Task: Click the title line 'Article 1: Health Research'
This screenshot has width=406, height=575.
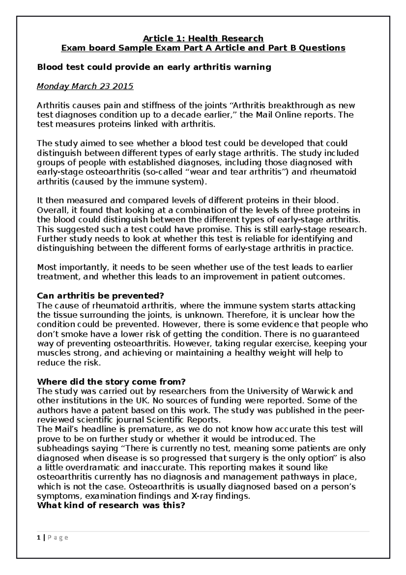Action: coord(203,38)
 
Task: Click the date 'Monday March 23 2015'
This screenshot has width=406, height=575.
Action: coord(85,86)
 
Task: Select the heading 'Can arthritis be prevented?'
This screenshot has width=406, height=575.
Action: coord(100,296)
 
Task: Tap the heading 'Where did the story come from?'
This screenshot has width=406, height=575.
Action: coord(111,382)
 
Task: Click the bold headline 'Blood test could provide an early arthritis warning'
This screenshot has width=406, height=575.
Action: coord(154,67)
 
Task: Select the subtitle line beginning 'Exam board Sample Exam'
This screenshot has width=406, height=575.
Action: coord(203,48)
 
